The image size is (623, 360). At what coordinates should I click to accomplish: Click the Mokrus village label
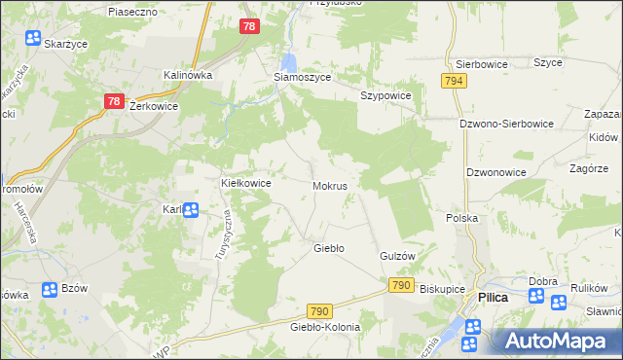(x=330, y=185)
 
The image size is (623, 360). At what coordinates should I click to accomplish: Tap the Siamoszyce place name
(x=303, y=77)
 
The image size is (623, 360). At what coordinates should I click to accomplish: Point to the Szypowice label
(x=386, y=96)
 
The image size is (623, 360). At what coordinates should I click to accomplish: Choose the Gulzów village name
(x=397, y=256)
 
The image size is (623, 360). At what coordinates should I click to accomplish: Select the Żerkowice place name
(x=153, y=107)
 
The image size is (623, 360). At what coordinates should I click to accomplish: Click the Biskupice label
(x=444, y=289)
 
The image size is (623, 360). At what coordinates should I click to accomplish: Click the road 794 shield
(x=453, y=81)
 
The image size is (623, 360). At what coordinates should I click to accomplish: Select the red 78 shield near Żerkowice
(x=113, y=101)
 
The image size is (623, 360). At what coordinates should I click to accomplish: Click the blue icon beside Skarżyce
(x=33, y=39)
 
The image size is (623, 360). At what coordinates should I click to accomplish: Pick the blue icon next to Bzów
(x=51, y=290)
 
